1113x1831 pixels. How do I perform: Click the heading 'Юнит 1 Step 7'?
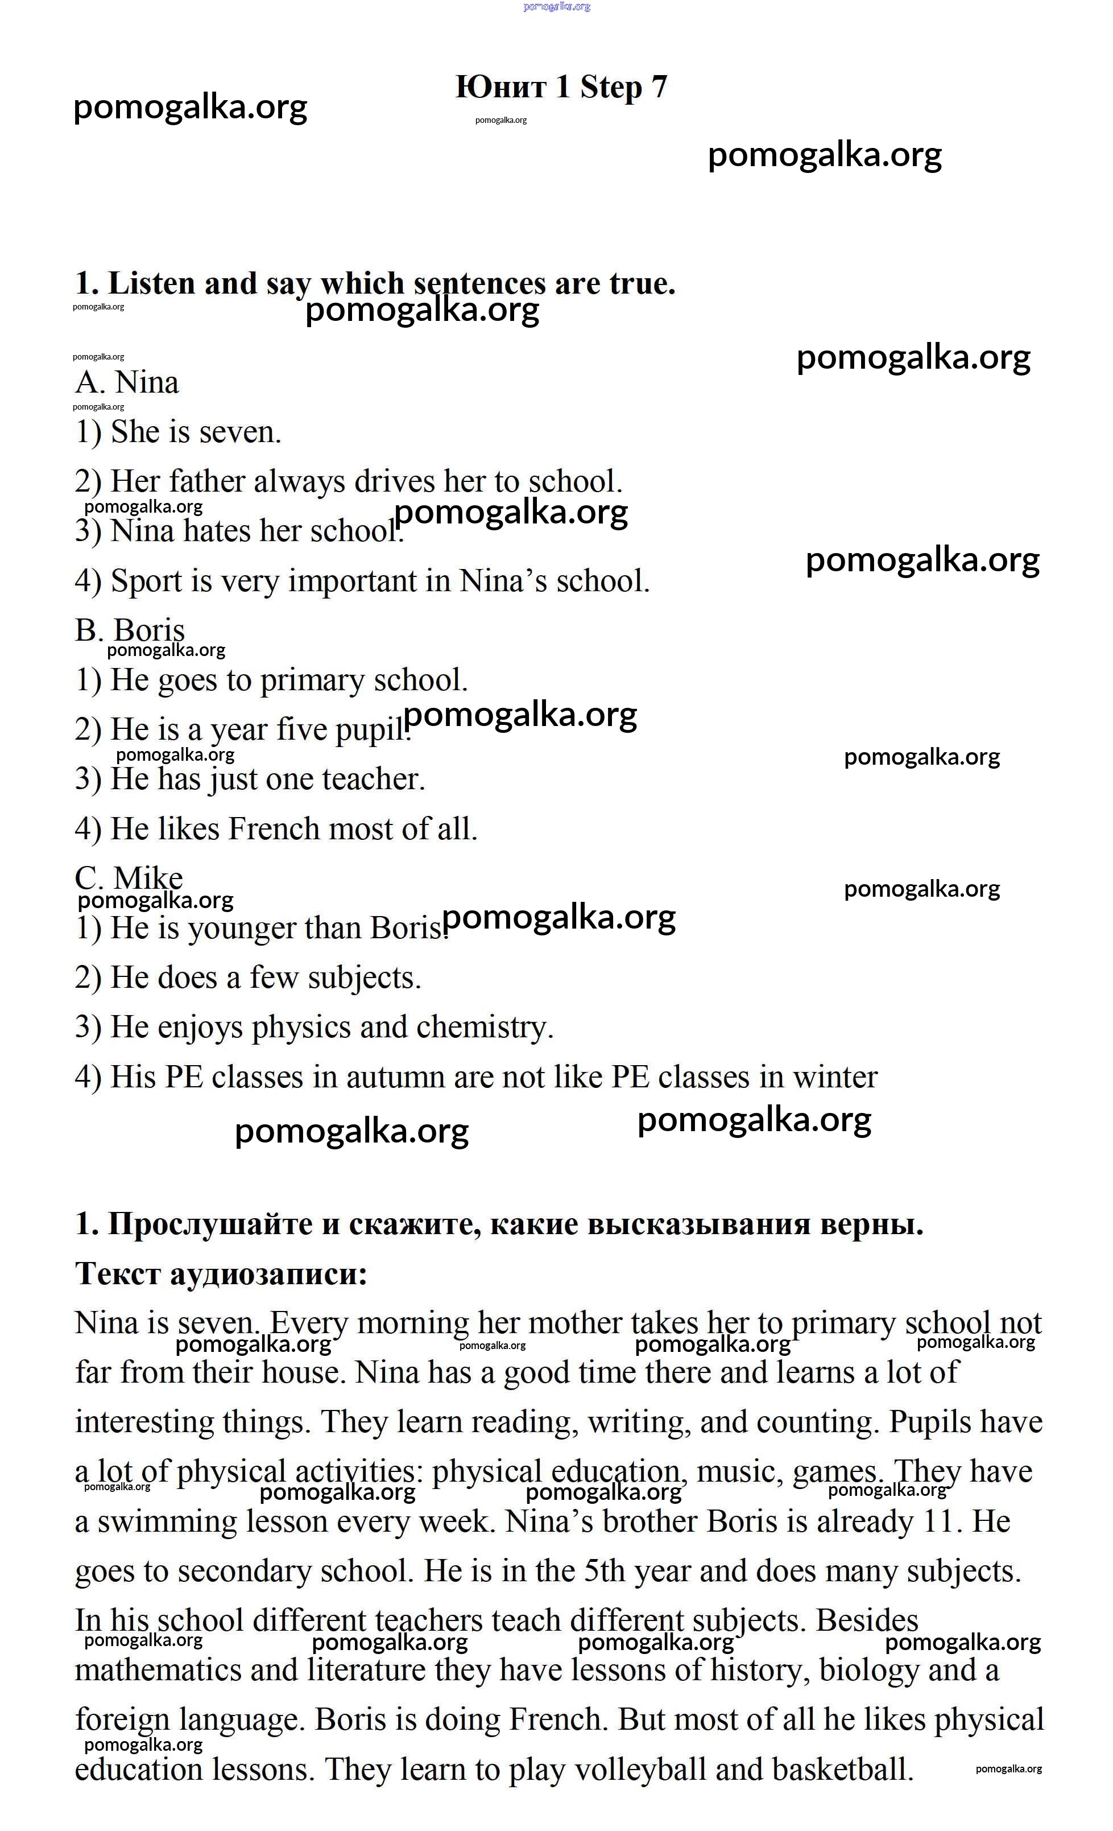point(561,88)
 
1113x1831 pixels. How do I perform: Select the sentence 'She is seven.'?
point(179,432)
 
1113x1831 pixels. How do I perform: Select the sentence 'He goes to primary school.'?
point(271,680)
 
